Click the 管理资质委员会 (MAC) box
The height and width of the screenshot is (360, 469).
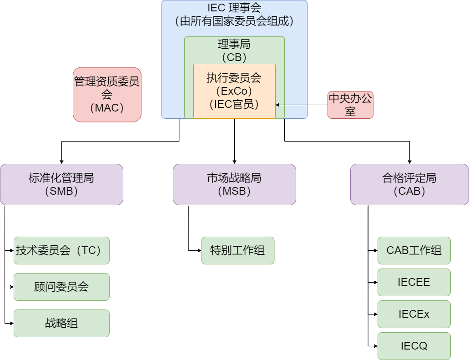(x=107, y=95)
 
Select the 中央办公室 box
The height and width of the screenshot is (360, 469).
(x=350, y=105)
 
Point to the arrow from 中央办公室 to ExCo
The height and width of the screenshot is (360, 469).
(x=292, y=105)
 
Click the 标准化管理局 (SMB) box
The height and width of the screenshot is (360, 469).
(x=61, y=184)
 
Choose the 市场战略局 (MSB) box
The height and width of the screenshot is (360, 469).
(x=234, y=184)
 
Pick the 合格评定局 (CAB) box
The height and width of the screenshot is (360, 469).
(x=409, y=184)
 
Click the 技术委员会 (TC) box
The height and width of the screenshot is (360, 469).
(x=61, y=250)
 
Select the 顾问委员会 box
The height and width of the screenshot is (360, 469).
(x=61, y=287)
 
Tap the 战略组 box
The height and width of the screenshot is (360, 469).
(x=61, y=323)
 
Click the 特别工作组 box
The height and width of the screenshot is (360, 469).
(x=238, y=250)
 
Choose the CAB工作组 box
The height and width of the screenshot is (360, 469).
(x=414, y=250)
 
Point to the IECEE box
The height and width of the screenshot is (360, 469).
(x=414, y=282)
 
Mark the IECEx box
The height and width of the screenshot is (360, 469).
(x=414, y=314)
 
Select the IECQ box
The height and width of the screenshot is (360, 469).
(x=414, y=346)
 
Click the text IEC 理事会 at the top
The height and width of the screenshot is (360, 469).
(x=234, y=7)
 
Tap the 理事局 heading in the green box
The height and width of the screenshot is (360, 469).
(x=234, y=45)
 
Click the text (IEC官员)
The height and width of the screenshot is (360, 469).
(x=234, y=104)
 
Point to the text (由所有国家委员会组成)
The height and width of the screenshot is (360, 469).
(x=234, y=20)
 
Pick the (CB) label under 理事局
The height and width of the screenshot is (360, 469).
(x=234, y=57)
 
